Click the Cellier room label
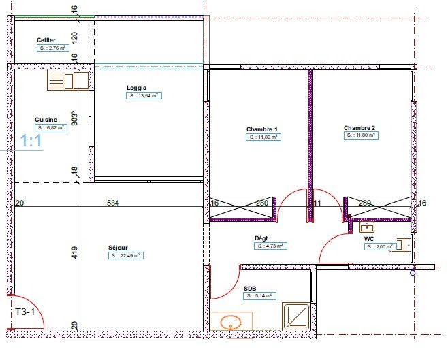[46, 40]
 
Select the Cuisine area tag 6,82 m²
[51, 128]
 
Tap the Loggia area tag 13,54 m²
[144, 96]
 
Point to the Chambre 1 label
[261, 129]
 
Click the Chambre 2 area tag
[361, 135]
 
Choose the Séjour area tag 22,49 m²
[126, 255]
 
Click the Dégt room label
[261, 238]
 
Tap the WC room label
[369, 239]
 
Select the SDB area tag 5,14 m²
[259, 296]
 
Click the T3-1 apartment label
[25, 312]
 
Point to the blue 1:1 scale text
[31, 141]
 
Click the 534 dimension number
[113, 203]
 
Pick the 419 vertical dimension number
[74, 252]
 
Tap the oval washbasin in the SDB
[231, 322]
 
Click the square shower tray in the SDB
[296, 316]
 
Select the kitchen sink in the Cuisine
[68, 81]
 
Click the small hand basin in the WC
[367, 227]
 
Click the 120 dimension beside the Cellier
[74, 37]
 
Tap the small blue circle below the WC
[413, 273]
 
